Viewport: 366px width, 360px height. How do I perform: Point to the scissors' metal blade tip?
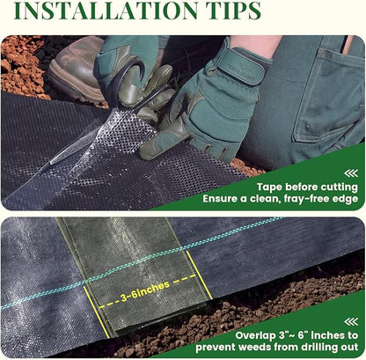coord(52,162)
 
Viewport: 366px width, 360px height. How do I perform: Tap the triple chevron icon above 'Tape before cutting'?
coord(351,173)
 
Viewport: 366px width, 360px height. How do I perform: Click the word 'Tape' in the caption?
coord(270,187)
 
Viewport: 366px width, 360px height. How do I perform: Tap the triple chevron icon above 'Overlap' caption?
coord(351,321)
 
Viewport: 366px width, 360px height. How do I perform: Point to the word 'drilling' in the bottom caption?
coord(318,348)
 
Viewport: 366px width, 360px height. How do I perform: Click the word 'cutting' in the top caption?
coord(340,187)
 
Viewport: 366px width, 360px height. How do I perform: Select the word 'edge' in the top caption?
coord(348,199)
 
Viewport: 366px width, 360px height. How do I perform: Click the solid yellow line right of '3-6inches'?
coord(200,276)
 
